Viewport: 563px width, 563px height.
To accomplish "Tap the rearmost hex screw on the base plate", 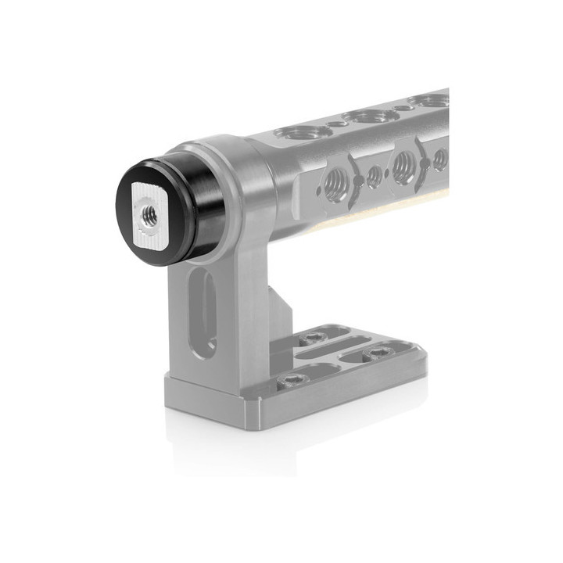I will click(x=314, y=337).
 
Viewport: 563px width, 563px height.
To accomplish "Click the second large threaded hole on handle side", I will click(x=404, y=167).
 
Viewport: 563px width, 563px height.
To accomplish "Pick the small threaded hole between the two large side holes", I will click(x=374, y=177).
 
